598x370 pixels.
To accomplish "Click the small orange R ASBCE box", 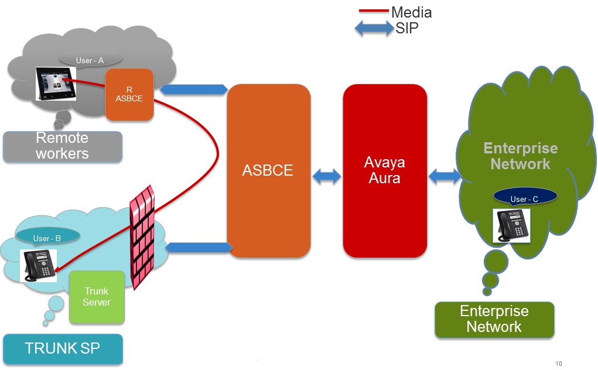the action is (129, 94).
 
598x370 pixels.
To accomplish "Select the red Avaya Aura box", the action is (385, 171).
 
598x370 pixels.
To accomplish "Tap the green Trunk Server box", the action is (97, 297).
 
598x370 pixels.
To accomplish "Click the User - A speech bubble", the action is (90, 60).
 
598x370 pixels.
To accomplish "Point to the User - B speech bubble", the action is (47, 237).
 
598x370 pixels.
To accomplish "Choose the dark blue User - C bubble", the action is (525, 197).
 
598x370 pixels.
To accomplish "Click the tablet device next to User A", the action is (56, 84).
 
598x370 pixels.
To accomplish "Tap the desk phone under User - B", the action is (38, 266).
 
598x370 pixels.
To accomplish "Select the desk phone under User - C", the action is (511, 225).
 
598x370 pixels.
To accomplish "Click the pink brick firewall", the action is (142, 237).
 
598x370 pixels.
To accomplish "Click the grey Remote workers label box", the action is (63, 147).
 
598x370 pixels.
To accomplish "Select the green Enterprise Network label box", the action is (495, 320).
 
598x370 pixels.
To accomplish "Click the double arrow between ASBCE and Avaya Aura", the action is (327, 176).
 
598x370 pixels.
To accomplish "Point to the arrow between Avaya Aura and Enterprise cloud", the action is (445, 176).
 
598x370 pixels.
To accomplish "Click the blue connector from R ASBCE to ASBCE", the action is (194, 90).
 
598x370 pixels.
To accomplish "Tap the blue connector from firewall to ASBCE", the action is (199, 248).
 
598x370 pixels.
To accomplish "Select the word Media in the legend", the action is (412, 12).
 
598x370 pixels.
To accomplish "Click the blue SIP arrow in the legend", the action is (374, 29).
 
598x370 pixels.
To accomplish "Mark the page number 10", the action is (559, 364).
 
